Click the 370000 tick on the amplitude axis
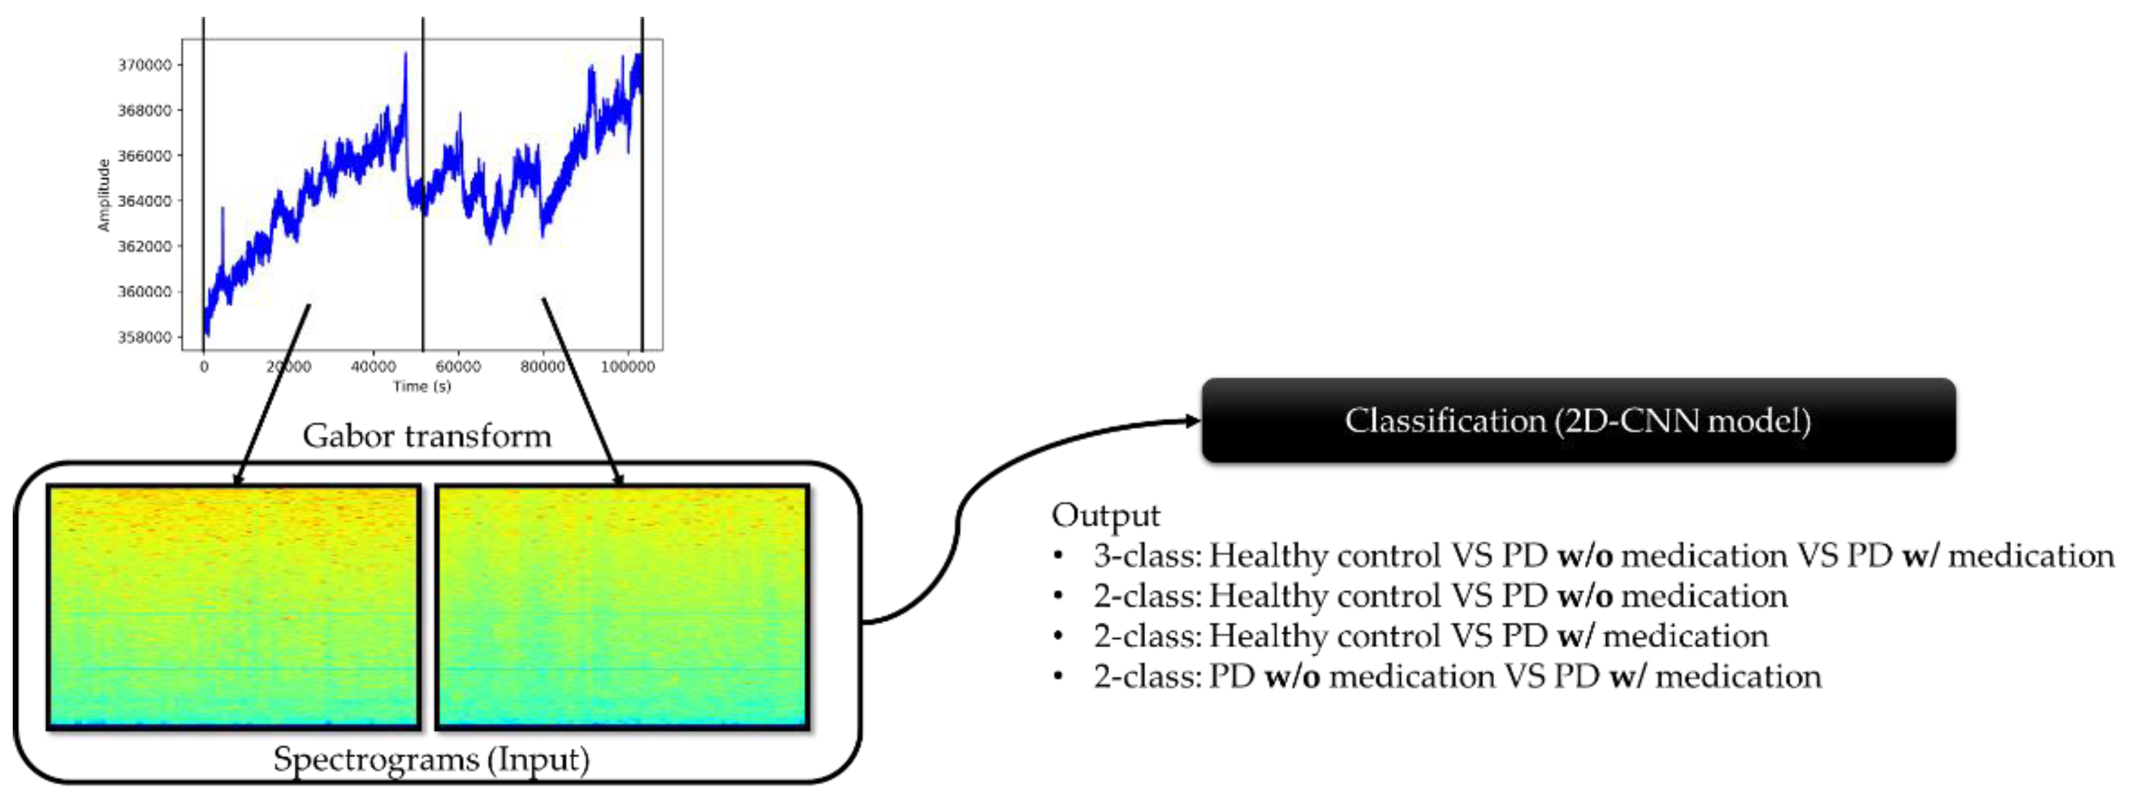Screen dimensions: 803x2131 (145, 64)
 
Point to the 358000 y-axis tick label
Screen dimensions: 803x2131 (145, 337)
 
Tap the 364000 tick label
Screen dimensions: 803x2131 (145, 201)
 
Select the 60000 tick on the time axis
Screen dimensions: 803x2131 (457, 367)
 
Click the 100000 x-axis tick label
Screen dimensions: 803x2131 (627, 367)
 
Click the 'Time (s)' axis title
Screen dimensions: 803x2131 (422, 386)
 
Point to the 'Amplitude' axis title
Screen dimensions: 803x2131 (104, 195)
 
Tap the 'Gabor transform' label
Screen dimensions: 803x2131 (427, 436)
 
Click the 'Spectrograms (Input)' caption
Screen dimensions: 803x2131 (431, 759)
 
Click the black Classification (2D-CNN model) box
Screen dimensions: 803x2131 (1578, 420)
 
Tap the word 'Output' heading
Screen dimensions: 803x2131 (1105, 515)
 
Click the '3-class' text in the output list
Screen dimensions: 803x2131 (1147, 556)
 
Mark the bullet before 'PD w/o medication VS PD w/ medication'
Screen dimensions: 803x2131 (1058, 677)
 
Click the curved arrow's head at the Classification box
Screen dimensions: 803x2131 (1192, 421)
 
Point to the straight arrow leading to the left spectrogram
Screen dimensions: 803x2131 (272, 393)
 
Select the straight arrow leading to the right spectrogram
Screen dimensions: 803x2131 (581, 390)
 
